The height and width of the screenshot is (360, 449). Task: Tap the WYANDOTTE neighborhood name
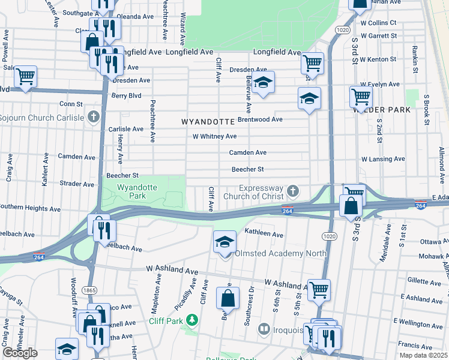(208, 122)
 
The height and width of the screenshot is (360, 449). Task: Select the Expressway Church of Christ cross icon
(292, 191)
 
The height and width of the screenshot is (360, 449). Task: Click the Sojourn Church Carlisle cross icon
(93, 116)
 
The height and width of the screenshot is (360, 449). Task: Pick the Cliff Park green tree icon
(192, 320)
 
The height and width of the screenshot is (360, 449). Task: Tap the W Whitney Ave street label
(214, 136)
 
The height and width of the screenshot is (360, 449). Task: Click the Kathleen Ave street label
(264, 234)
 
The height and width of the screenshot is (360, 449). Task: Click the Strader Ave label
(77, 184)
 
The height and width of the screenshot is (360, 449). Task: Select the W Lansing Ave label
(383, 159)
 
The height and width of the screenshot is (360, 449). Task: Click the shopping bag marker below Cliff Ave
(228, 298)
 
